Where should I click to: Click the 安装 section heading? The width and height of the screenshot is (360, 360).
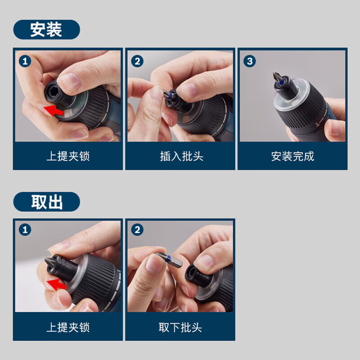[46, 30]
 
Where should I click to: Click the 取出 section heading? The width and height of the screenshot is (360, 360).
[46, 202]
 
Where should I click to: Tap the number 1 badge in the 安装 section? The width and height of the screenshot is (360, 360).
[25, 60]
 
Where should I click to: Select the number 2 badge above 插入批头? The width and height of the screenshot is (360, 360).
[137, 60]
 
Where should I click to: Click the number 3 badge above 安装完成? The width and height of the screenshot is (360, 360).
[250, 60]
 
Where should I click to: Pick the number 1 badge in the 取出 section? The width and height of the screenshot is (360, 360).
[25, 230]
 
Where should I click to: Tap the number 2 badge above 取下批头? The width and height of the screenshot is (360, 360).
[137, 230]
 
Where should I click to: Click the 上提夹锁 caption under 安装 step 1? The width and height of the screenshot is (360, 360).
[68, 156]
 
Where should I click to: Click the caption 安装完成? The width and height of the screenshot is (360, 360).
[292, 156]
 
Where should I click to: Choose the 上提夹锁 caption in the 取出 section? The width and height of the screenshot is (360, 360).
[68, 327]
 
